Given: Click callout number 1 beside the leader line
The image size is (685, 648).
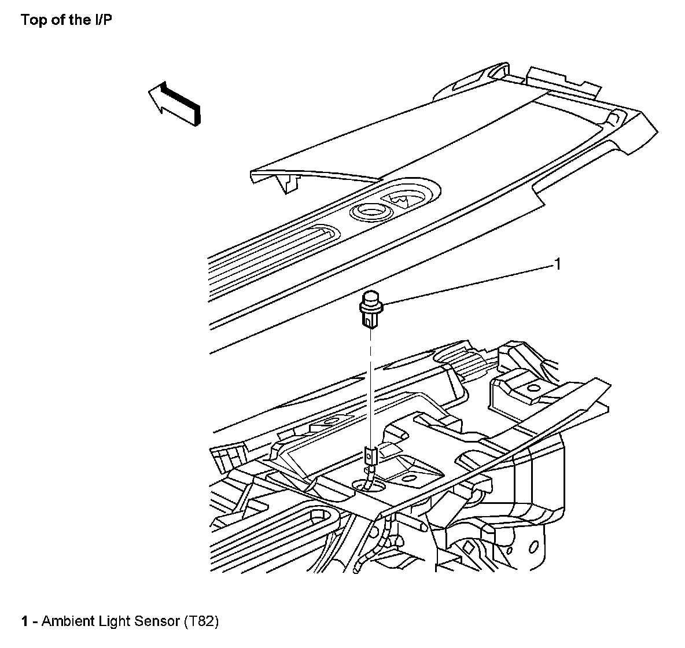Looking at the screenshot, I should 557,265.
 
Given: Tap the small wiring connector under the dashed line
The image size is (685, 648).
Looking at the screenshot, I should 370,457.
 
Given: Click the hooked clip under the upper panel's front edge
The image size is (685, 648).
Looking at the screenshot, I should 288,184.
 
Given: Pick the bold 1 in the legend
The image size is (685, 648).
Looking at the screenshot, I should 25,622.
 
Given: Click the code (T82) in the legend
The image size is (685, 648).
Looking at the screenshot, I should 201,622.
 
